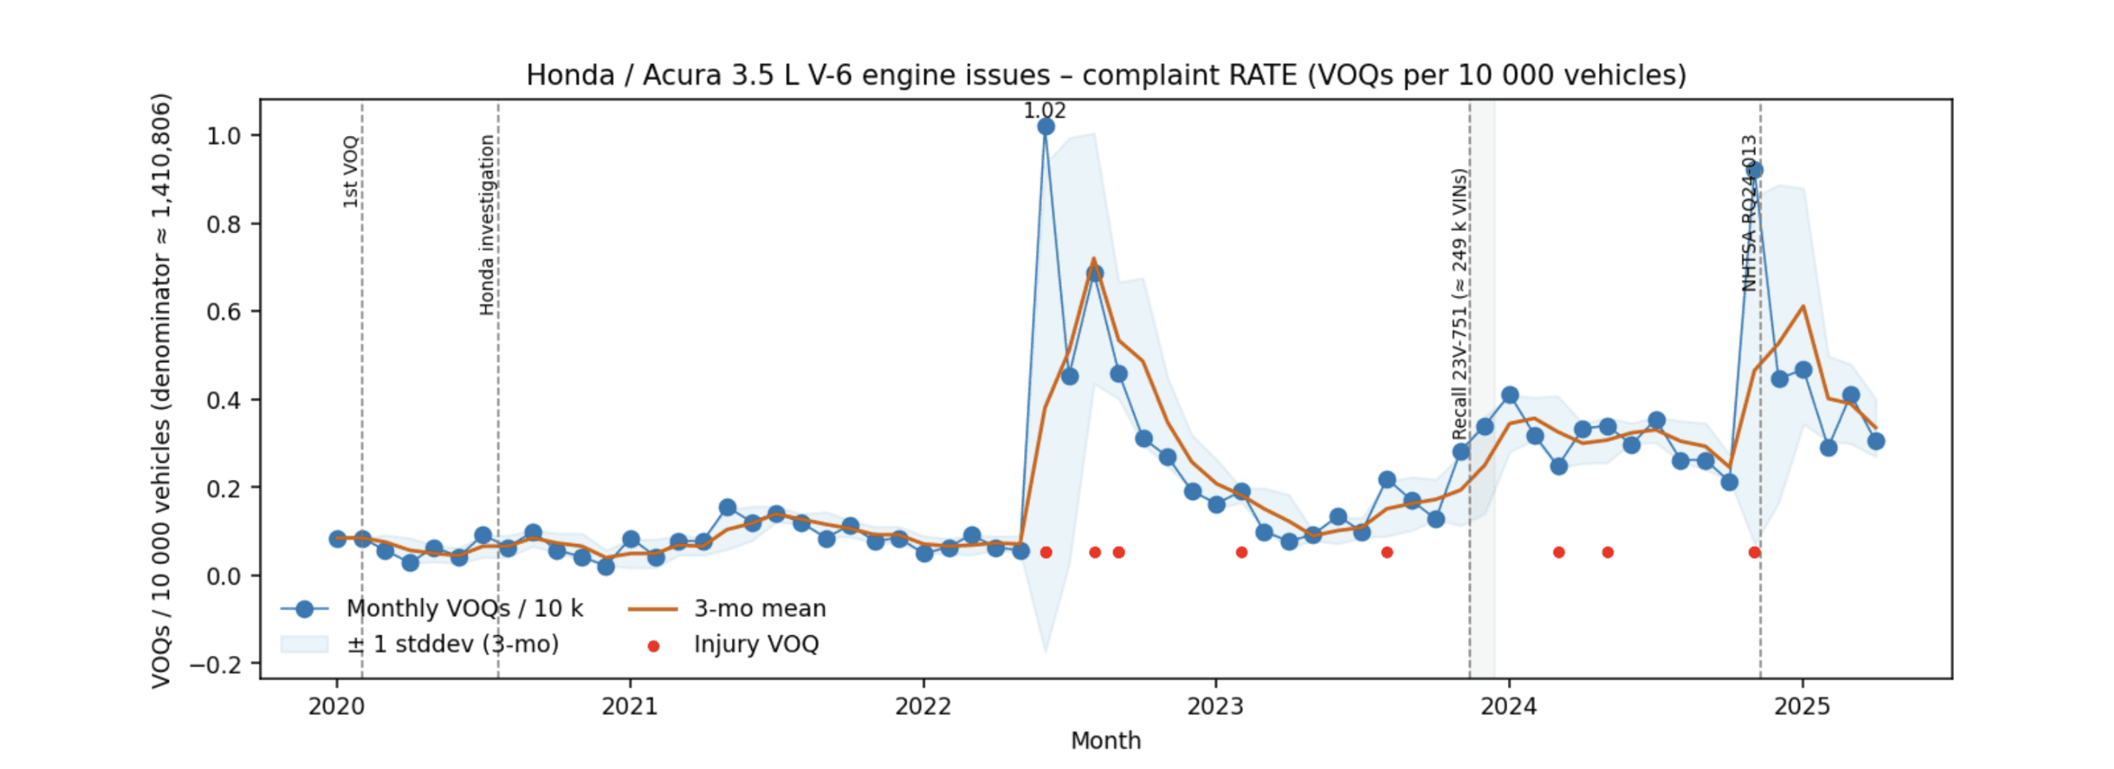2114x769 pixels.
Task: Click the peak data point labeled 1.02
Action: coord(1046,127)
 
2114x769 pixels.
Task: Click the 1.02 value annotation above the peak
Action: coord(1044,110)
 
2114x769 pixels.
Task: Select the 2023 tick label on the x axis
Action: coord(1216,707)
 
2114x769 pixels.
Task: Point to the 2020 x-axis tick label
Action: coord(336,707)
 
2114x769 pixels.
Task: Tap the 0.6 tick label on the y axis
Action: coord(223,312)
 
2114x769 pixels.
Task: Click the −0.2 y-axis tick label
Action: coord(217,664)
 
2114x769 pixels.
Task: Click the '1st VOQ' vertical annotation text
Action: coord(351,171)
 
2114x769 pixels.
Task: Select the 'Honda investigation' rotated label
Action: coord(487,225)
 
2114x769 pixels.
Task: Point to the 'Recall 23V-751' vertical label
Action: coord(1458,304)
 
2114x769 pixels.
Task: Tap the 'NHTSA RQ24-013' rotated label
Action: coord(1749,213)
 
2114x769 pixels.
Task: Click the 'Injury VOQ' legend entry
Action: coord(756,644)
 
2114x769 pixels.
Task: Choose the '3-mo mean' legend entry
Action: coord(759,609)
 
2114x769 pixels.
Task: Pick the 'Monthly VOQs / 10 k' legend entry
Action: coord(464,609)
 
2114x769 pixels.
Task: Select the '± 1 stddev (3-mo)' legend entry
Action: coord(452,644)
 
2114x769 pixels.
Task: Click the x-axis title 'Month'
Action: coord(1105,741)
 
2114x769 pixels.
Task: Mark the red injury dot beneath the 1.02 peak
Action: coord(1046,553)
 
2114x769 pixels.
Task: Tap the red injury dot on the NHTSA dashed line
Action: coord(1754,553)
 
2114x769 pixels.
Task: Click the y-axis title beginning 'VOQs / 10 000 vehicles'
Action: coord(161,390)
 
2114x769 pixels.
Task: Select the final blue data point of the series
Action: coord(1876,441)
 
